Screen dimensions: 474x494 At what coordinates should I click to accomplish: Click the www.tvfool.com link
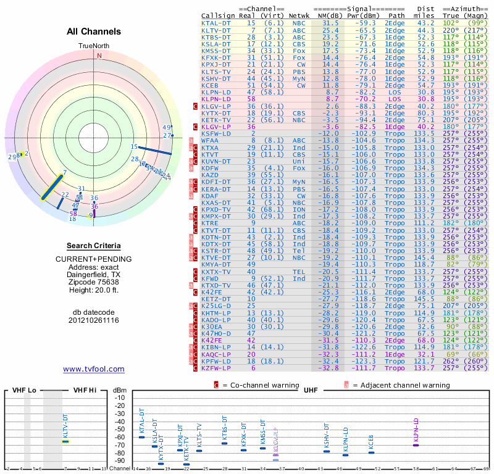pyautogui.click(x=94, y=369)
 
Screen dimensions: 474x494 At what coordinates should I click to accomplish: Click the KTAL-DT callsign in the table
pyautogui.click(x=216, y=23)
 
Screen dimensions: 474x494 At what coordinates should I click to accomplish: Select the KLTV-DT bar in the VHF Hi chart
pyautogui.click(x=65, y=441)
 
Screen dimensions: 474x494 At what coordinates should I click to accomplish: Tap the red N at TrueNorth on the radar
pyautogui.click(x=98, y=55)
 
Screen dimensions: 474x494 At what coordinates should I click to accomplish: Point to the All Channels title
pyautogui.click(x=94, y=31)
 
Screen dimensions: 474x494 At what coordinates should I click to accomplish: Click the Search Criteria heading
pyautogui.click(x=94, y=246)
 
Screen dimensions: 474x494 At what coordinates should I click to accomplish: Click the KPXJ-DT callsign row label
pyautogui.click(x=216, y=64)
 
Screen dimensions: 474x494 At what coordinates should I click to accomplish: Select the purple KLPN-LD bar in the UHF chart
pyautogui.click(x=416, y=445)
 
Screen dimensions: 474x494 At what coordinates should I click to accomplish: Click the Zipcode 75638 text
pyautogui.click(x=94, y=280)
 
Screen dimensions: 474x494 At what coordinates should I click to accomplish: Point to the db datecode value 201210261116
pyautogui.click(x=94, y=320)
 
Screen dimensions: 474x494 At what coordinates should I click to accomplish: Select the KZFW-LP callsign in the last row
pyautogui.click(x=216, y=368)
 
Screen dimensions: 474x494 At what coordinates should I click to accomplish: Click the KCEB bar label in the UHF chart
pyautogui.click(x=371, y=441)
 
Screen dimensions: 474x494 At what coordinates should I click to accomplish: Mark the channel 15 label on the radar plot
pyautogui.click(x=134, y=146)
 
